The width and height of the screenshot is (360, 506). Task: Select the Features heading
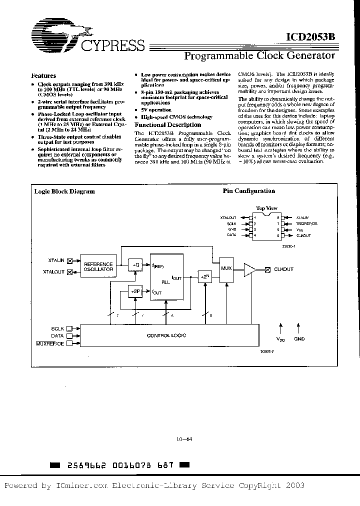point(43,76)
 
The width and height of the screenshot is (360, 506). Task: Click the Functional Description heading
point(168,125)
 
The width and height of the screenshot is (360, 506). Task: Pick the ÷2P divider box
point(134,290)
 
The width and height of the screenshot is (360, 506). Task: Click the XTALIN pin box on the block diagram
point(70,260)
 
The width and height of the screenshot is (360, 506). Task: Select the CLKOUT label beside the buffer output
point(283,269)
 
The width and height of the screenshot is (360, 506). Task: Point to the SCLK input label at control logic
point(58,328)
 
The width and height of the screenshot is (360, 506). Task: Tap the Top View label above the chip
point(266,208)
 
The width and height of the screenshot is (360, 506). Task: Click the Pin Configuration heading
point(248,191)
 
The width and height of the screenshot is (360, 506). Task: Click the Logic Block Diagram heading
point(64,191)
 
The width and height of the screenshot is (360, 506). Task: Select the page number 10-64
point(184,440)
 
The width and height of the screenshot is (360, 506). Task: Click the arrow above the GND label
point(299,328)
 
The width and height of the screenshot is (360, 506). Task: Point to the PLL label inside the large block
point(165,282)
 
